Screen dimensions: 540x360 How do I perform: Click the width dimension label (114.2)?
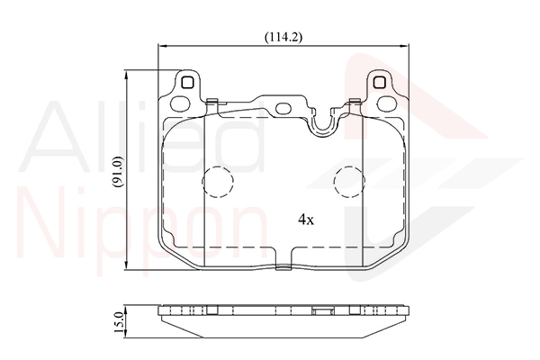[x=283, y=37]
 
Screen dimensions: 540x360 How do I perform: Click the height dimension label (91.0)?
[x=118, y=171]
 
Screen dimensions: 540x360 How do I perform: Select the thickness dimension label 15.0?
[x=118, y=322]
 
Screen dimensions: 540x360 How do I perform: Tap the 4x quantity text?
[x=306, y=219]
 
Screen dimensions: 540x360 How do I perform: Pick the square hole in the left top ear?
[x=188, y=83]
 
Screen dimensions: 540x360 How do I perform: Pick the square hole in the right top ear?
[x=379, y=83]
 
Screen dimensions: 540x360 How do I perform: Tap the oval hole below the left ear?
[x=181, y=103]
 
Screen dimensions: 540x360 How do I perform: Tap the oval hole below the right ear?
[x=386, y=103]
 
